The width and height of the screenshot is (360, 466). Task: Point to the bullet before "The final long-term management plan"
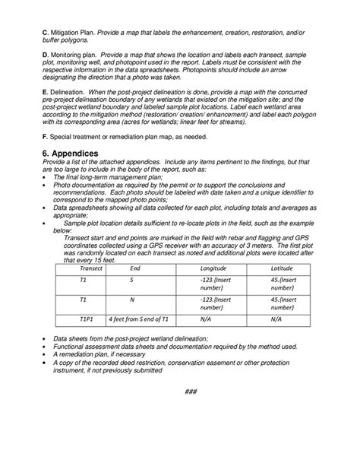47,176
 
